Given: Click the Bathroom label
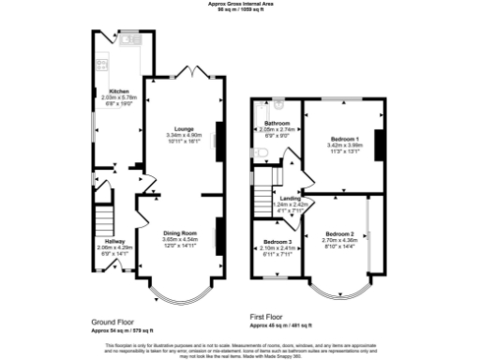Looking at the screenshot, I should [277, 123].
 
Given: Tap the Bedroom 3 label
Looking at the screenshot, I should [277, 242].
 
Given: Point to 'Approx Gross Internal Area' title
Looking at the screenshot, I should [240, 4].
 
